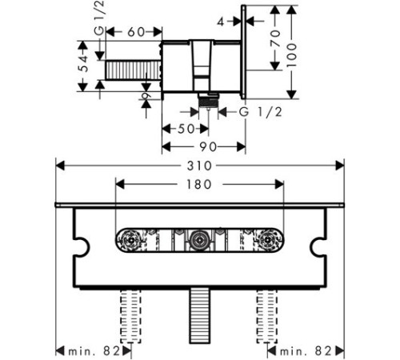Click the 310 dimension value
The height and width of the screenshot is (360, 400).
[x=199, y=166]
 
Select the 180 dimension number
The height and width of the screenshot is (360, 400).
[x=199, y=185]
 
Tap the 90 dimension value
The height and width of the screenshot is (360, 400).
[x=208, y=147]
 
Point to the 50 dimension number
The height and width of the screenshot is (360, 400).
[x=186, y=129]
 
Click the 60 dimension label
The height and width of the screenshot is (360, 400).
[x=136, y=32]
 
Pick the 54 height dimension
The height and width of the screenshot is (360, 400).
[x=84, y=63]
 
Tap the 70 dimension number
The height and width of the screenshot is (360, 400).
[x=275, y=38]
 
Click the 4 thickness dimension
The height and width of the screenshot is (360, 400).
[x=221, y=22]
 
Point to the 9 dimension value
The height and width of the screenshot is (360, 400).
[x=146, y=96]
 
